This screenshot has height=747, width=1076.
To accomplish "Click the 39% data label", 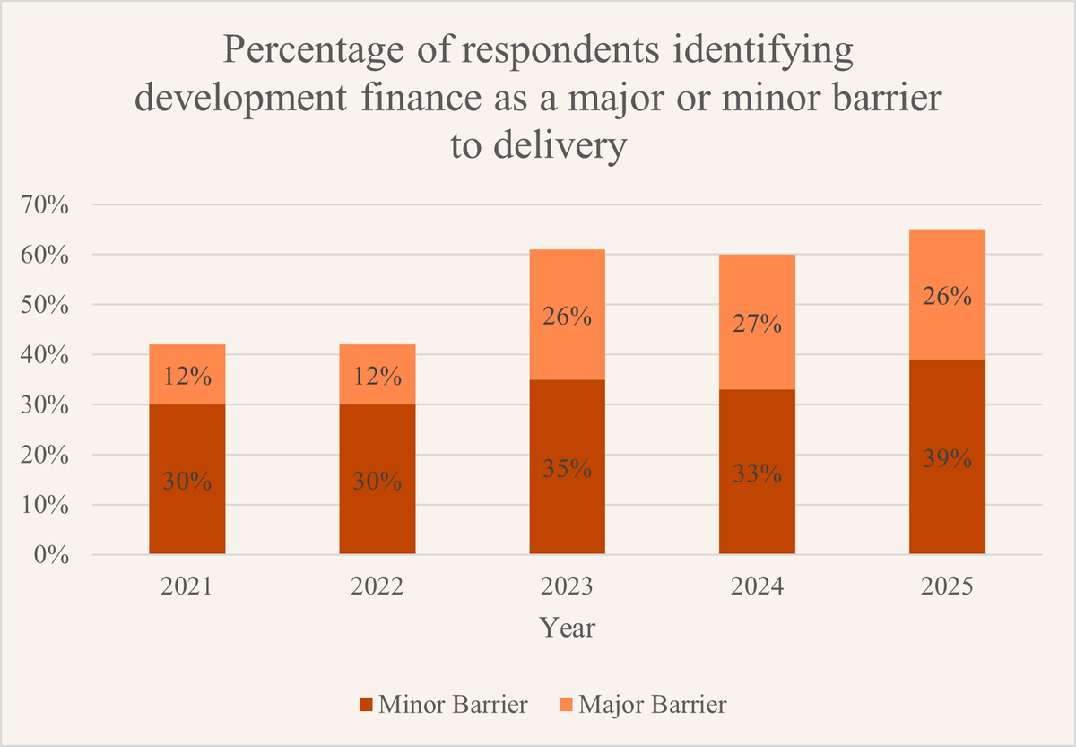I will tap(947, 459).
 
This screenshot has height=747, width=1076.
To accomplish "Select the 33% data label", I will tap(757, 473).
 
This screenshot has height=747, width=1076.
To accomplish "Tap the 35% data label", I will tap(567, 469).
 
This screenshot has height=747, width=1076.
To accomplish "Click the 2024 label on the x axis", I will tap(757, 587).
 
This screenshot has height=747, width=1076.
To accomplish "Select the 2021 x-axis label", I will tap(187, 587).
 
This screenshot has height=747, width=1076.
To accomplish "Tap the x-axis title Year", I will tap(567, 628).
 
